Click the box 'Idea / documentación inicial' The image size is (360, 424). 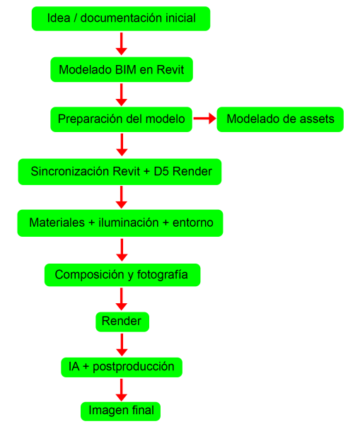click(121, 18)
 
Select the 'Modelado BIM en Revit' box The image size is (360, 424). click(122, 69)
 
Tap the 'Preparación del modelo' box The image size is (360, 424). click(121, 119)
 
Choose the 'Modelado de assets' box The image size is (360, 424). click(280, 119)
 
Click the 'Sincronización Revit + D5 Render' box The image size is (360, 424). click(120, 172)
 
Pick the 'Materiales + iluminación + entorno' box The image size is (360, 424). click(120, 223)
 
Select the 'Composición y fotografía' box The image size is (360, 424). click(122, 275)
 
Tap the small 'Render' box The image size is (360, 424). click(122, 322)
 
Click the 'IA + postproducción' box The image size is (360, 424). click(122, 367)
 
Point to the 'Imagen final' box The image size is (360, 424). click(120, 411)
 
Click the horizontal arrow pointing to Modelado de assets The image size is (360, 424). click(205, 118)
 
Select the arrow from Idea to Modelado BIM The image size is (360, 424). click(122, 44)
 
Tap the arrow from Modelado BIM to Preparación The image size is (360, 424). click(122, 95)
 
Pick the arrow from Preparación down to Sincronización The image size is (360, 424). click(122, 145)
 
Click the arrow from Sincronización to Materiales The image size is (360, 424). click(122, 197)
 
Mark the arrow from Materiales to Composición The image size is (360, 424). click(122, 250)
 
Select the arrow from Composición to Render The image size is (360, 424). click(122, 299)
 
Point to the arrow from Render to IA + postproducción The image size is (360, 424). click(122, 345)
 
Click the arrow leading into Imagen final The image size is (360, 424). click(122, 390)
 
